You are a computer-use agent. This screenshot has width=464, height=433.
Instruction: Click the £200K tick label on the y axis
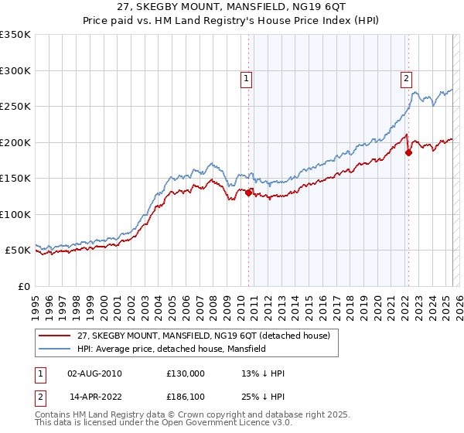pos(15,142)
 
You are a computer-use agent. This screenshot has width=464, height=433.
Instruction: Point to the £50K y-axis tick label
pos(18,251)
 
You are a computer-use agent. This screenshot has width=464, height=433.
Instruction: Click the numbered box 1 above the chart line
pos(246,77)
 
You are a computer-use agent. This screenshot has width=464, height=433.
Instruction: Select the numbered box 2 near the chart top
pos(406,77)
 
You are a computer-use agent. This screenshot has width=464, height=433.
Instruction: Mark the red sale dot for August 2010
pos(248,193)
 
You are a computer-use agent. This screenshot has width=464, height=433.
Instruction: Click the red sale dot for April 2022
pos(408,152)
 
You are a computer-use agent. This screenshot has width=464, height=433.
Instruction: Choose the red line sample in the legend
pos(54,336)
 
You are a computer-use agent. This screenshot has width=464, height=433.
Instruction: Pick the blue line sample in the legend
pos(54,349)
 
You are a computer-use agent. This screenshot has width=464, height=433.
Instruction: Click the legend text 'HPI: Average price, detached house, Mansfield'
pos(172,349)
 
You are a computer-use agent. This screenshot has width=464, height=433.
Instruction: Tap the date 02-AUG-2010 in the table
pos(95,373)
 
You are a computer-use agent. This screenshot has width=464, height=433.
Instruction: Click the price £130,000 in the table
pos(186,373)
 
